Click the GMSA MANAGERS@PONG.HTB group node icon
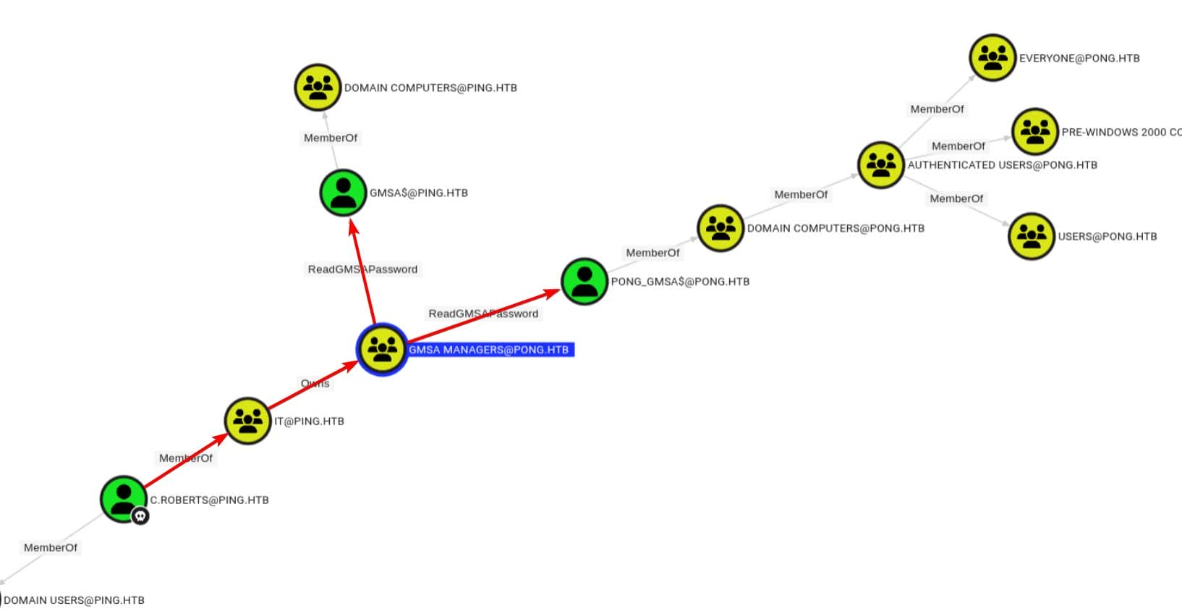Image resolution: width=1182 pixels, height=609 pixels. pyautogui.click(x=382, y=349)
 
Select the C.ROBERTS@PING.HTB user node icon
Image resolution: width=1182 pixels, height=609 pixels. pyautogui.click(x=123, y=498)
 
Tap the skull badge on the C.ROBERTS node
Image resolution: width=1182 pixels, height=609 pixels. pyautogui.click(x=140, y=516)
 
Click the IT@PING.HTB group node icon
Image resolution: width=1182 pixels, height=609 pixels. pyautogui.click(x=247, y=420)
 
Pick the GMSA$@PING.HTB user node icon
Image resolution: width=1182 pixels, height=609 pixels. pyautogui.click(x=343, y=193)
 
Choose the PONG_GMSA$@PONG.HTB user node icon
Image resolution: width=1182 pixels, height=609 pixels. pyautogui.click(x=584, y=281)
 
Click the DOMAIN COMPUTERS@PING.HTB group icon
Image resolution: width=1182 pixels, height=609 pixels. pyautogui.click(x=318, y=87)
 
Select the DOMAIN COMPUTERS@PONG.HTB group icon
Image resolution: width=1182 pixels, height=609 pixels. pyautogui.click(x=720, y=227)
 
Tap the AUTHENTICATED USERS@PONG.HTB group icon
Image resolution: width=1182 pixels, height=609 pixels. pyautogui.click(x=881, y=164)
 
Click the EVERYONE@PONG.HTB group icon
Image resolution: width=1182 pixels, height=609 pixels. pyautogui.click(x=992, y=57)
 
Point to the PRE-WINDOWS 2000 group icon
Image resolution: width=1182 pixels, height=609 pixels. pyautogui.click(x=1034, y=131)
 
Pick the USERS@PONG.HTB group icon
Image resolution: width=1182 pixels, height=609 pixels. pyautogui.click(x=1032, y=235)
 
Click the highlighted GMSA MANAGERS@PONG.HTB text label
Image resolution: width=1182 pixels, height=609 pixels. pyautogui.click(x=489, y=350)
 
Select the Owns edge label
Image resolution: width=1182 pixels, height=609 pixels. pyautogui.click(x=315, y=383)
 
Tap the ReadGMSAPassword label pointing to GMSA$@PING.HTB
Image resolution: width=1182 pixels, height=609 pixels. pyautogui.click(x=362, y=269)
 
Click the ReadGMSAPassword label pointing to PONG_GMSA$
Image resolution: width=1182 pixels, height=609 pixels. pyautogui.click(x=483, y=314)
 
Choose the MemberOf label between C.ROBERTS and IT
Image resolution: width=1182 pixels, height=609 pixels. pyautogui.click(x=186, y=458)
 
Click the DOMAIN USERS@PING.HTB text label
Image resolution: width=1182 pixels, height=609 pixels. pyautogui.click(x=74, y=600)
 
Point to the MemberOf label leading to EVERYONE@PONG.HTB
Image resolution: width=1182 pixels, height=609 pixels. pyautogui.click(x=937, y=109)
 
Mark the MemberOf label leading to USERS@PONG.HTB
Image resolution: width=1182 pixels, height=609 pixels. pyautogui.click(x=956, y=198)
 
